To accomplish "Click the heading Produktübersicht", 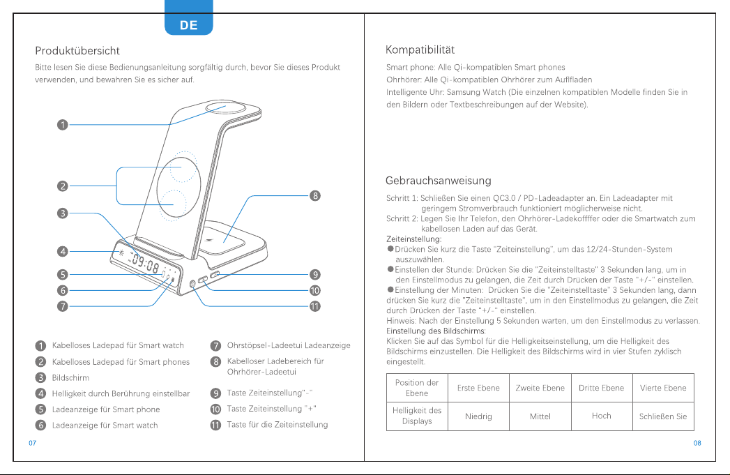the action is pyautogui.click(x=77, y=51).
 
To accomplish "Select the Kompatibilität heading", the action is pyautogui.click(x=420, y=50).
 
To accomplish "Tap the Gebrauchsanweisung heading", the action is pyautogui.click(x=438, y=181).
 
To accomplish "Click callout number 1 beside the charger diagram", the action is pyautogui.click(x=62, y=125).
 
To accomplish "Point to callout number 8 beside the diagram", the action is pyautogui.click(x=315, y=195).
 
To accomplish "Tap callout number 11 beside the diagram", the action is pyautogui.click(x=315, y=306).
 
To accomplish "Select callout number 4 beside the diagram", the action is pyautogui.click(x=62, y=252).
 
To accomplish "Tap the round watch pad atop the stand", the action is pyautogui.click(x=226, y=108).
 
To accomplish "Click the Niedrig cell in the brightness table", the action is pyautogui.click(x=478, y=416).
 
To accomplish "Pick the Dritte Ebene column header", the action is pyautogui.click(x=601, y=388).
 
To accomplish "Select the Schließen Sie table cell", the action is pyautogui.click(x=663, y=416).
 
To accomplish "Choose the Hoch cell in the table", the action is pyautogui.click(x=601, y=416).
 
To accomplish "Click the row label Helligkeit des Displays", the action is pyautogui.click(x=417, y=416).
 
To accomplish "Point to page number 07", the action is pyautogui.click(x=33, y=443).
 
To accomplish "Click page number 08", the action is pyautogui.click(x=697, y=443).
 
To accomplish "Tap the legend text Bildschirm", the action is pyautogui.click(x=70, y=377).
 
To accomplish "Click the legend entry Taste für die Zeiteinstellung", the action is pyautogui.click(x=277, y=425).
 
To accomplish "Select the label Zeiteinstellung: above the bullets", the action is pyautogui.click(x=414, y=239).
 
